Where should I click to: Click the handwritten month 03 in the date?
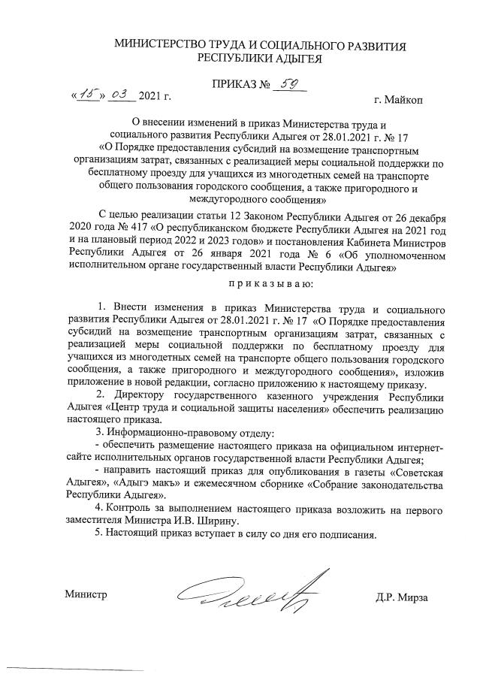pyautogui.click(x=119, y=95)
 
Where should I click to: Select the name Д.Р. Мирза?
pyautogui.click(x=403, y=597)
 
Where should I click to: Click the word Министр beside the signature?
pyautogui.click(x=86, y=595)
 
